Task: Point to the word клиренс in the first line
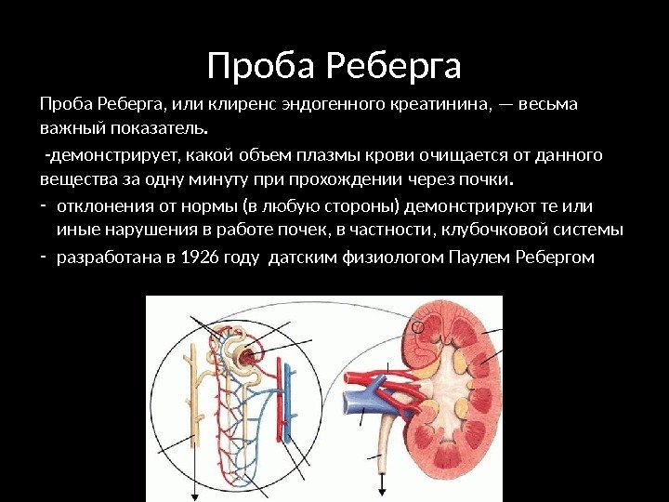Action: click(x=203, y=103)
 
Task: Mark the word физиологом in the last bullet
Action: click(x=373, y=258)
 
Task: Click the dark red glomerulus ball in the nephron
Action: click(x=248, y=356)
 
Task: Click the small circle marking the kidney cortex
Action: click(x=418, y=327)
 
